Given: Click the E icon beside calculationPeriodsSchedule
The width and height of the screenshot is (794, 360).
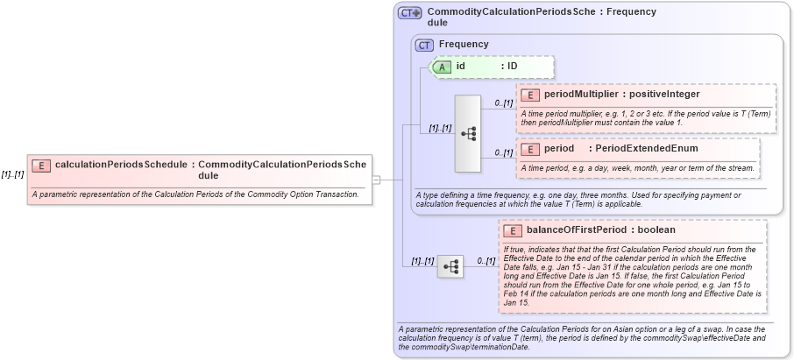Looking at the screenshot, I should coord(40,165).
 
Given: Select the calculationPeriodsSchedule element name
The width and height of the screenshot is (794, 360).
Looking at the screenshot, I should coord(122,164).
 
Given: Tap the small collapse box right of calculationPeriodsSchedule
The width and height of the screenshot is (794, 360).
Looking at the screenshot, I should coord(376,180).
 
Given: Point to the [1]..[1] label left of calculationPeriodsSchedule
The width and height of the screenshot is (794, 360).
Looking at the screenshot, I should coord(12,174).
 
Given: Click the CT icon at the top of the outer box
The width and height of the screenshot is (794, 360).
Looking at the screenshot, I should coord(409,13).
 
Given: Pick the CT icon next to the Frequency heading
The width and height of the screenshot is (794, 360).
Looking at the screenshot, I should coord(424,45).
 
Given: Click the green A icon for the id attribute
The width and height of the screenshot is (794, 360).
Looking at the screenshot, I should coord(443,67).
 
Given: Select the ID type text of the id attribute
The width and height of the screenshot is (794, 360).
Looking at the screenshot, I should coord(513,67).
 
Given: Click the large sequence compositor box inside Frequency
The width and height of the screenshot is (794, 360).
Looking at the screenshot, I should coord(469,133).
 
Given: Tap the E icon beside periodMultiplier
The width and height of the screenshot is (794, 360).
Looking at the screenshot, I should coord(529,95).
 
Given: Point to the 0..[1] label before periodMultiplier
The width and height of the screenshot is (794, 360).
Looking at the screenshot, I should coord(503,103).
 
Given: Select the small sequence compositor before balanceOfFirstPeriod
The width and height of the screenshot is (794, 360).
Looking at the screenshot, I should coord(450,266).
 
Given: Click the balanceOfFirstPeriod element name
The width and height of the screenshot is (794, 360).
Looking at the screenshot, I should coord(576,230).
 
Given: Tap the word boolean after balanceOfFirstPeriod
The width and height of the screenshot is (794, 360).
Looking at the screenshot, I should coord(656,230).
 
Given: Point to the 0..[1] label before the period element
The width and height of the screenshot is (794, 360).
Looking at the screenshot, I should coord(503,153).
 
